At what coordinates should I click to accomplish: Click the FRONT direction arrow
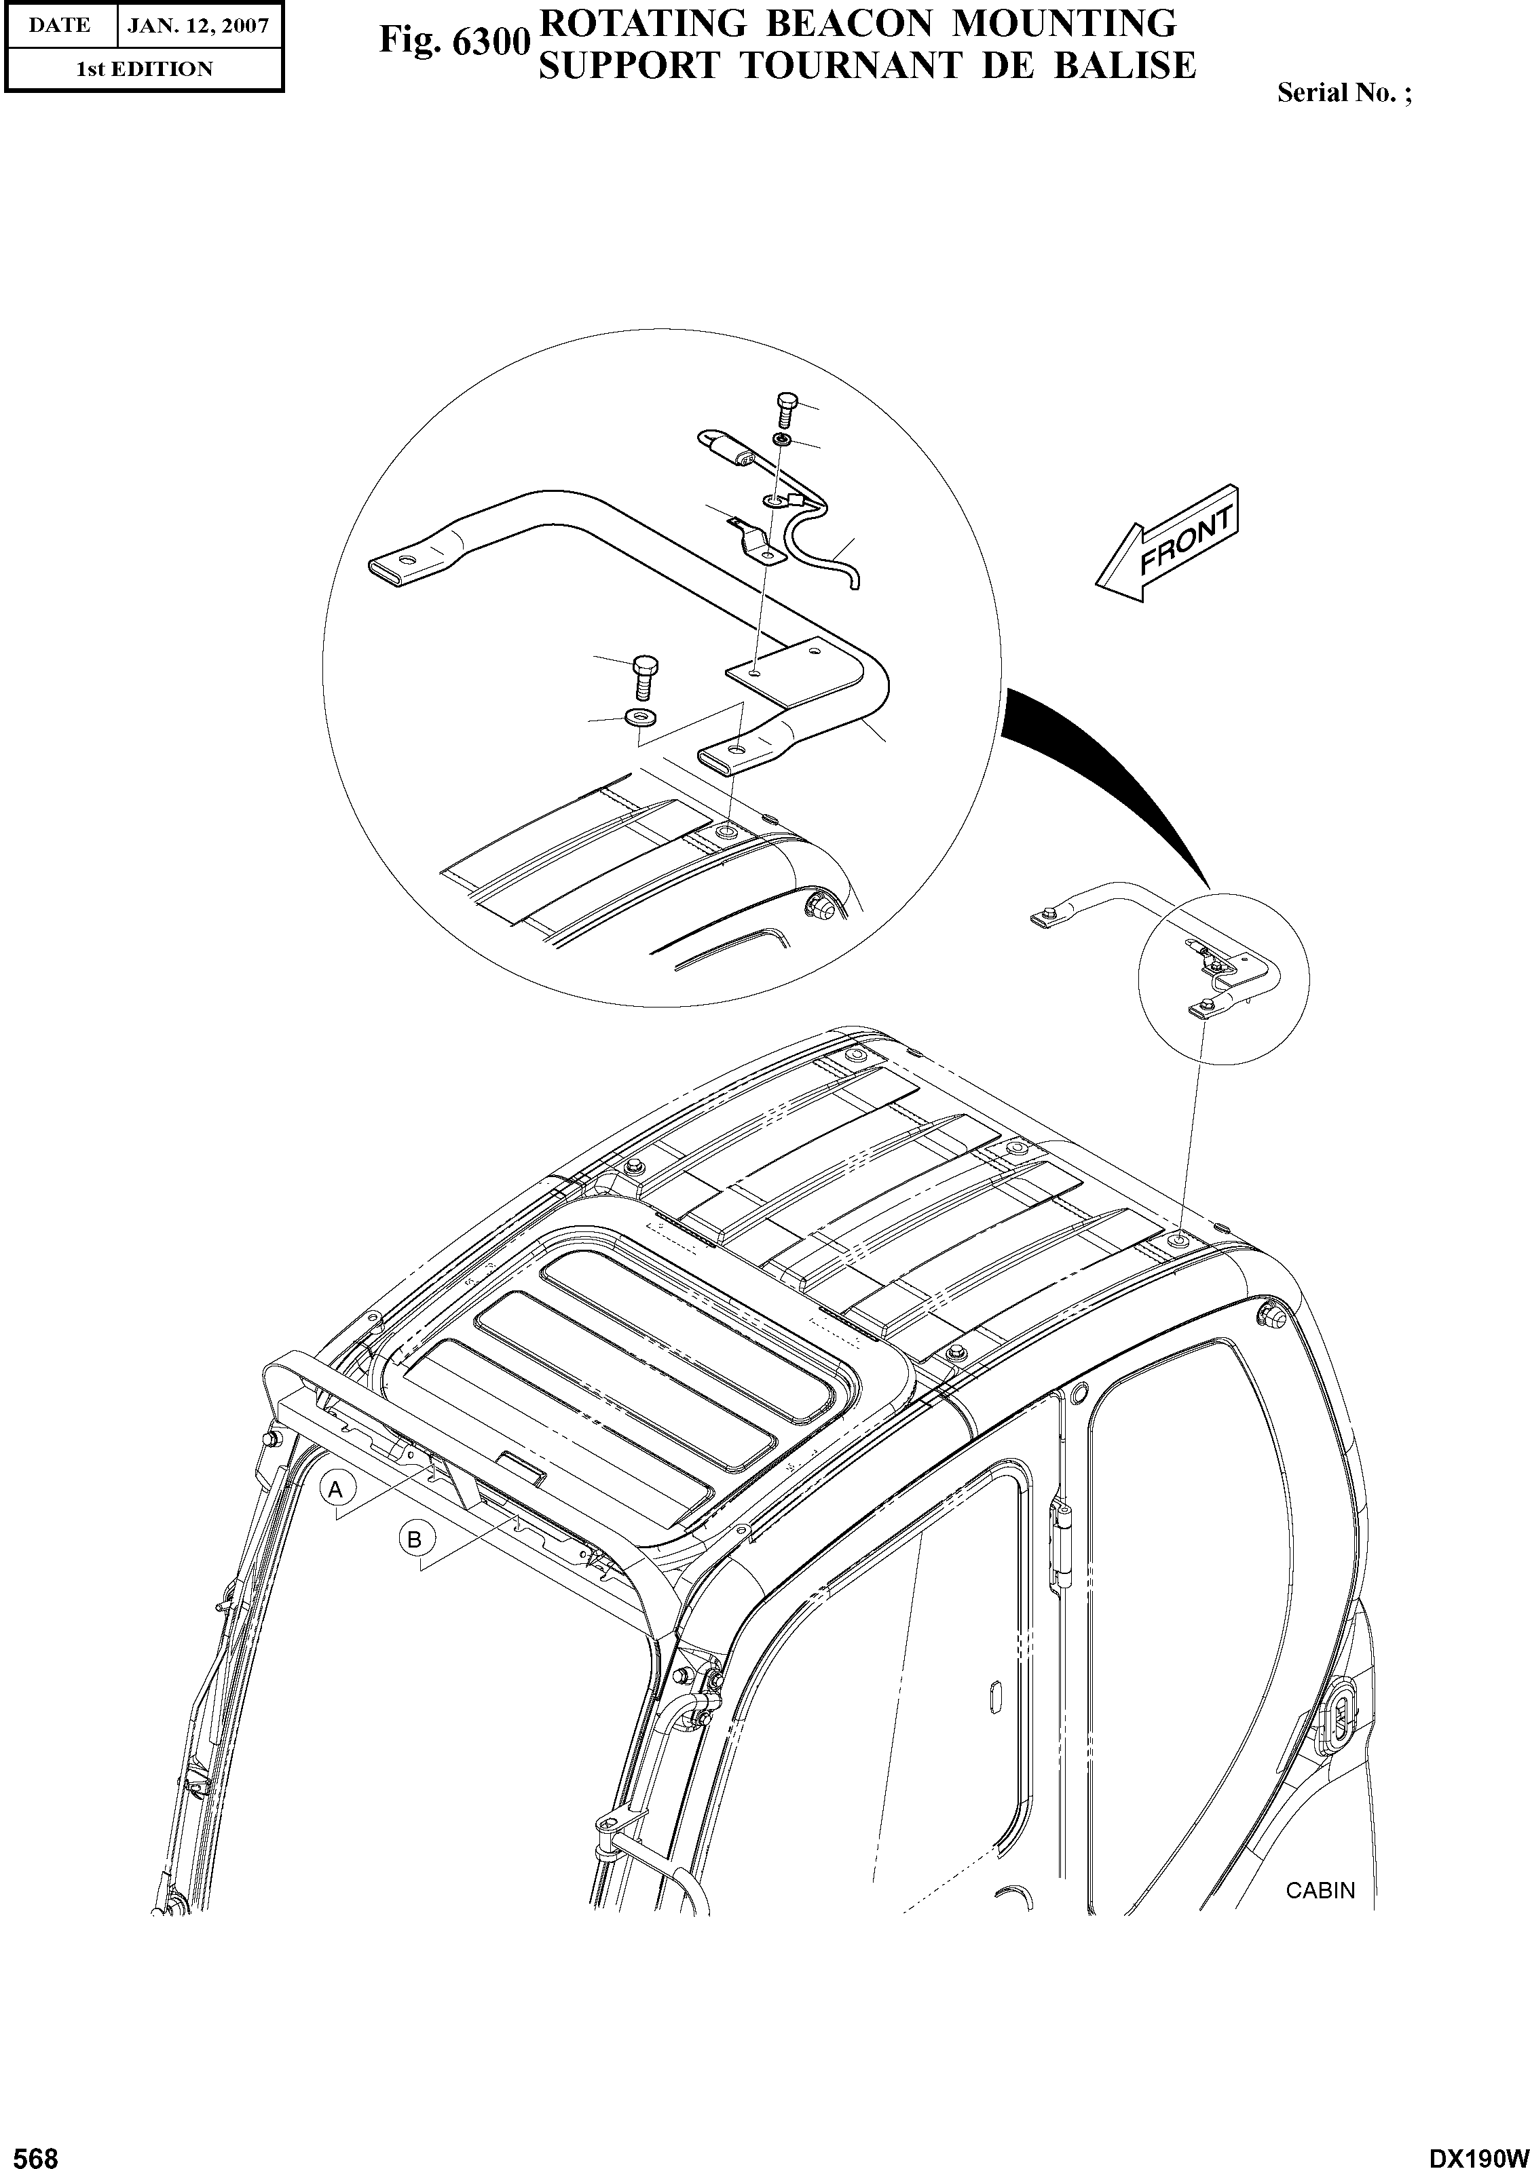pyautogui.click(x=1169, y=545)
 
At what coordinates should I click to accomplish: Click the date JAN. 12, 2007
pyautogui.click(x=200, y=26)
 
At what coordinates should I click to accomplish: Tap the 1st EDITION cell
pyautogui.click(x=144, y=69)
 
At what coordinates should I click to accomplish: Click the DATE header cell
pyautogui.click(x=60, y=26)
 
